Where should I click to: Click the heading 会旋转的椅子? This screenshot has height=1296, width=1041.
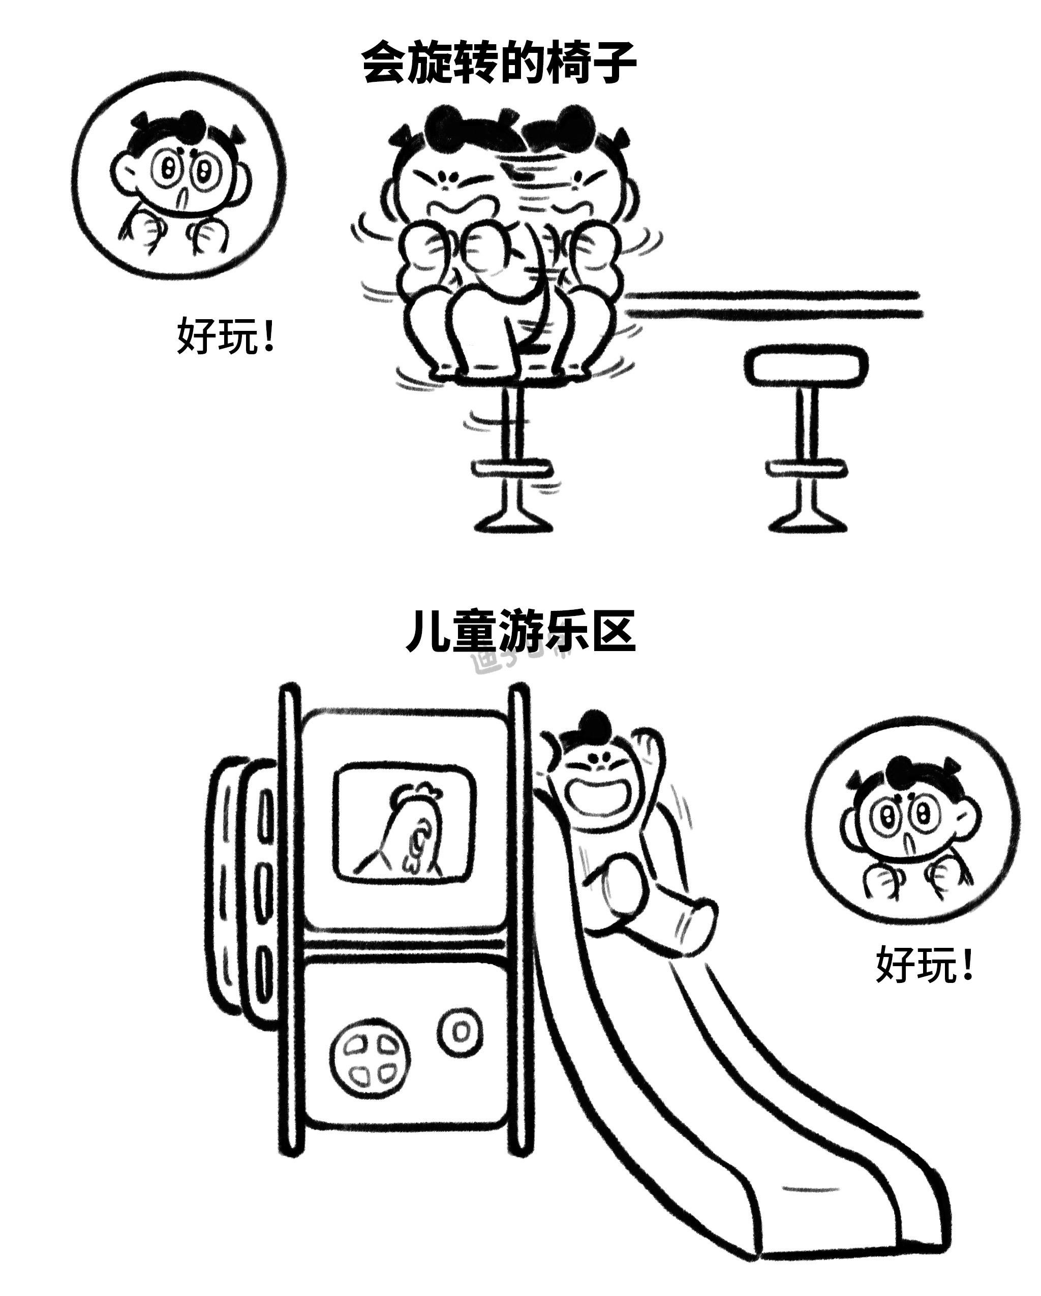[x=499, y=63]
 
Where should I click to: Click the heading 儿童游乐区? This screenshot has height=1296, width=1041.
[x=520, y=631]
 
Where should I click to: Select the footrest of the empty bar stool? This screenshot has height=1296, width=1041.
[x=807, y=468]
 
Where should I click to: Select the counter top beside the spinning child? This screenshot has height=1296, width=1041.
[x=775, y=304]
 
